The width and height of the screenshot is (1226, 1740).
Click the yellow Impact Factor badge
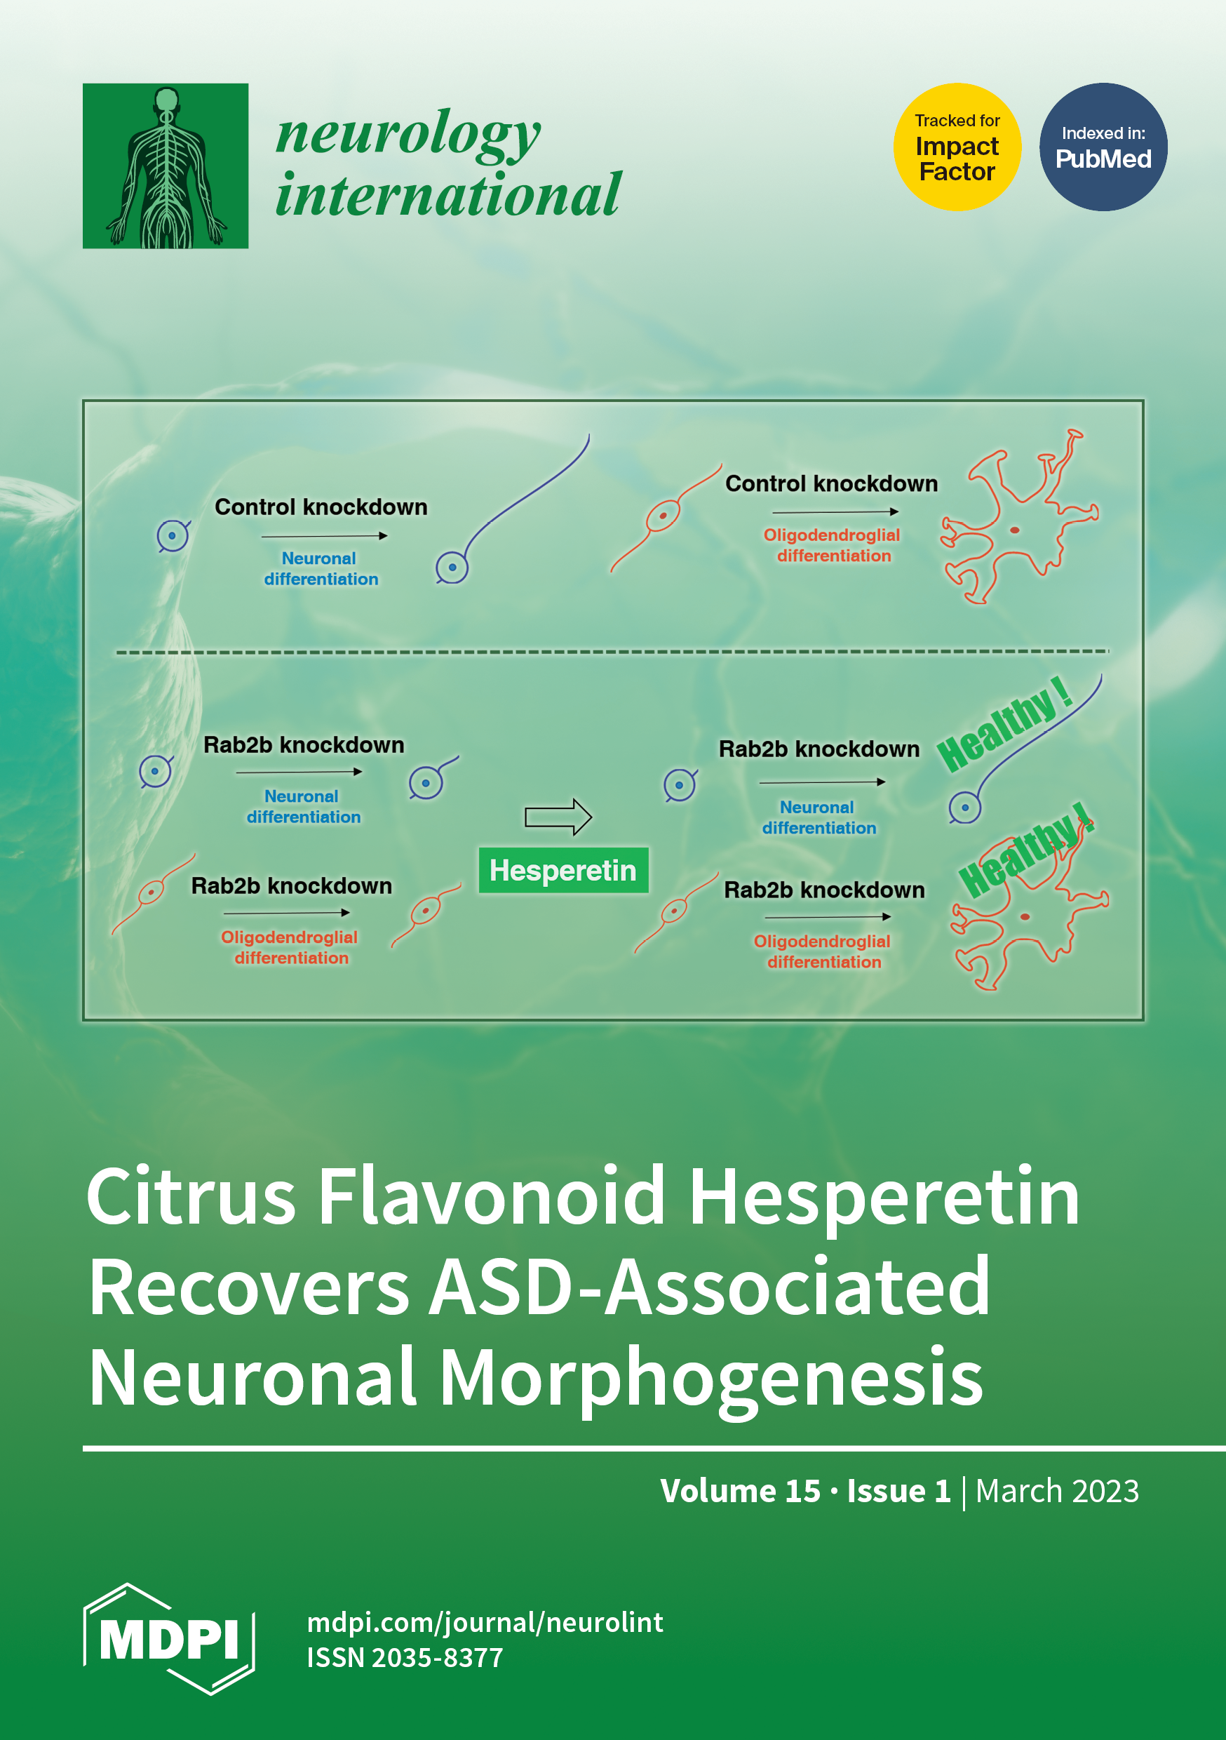(956, 147)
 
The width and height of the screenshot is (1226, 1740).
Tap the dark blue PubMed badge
(1103, 147)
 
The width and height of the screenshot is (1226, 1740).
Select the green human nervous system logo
(166, 166)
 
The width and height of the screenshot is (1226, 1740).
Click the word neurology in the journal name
(407, 133)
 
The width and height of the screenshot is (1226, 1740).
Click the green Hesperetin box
(563, 870)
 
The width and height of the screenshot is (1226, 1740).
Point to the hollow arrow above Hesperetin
(558, 817)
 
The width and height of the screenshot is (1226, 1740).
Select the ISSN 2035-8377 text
(405, 1658)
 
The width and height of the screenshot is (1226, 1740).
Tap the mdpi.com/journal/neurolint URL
(485, 1623)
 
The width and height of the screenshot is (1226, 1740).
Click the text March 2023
(1056, 1491)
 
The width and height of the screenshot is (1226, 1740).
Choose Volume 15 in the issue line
(739, 1491)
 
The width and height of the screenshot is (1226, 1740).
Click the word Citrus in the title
(190, 1197)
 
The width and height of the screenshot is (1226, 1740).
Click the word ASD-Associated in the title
(709, 1287)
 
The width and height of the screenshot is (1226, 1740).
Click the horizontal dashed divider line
(612, 652)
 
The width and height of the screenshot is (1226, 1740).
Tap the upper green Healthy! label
(1004, 725)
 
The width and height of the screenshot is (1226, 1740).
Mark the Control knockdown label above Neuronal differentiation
(321, 507)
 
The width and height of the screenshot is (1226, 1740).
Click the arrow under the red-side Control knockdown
(835, 512)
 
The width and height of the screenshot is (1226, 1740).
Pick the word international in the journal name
(447, 196)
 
